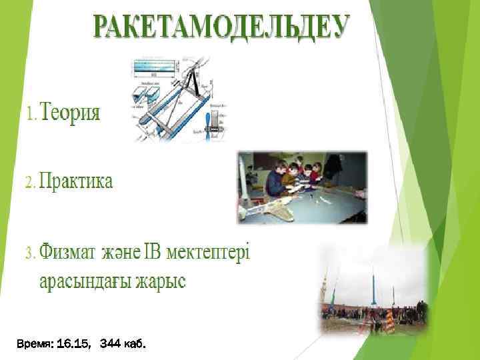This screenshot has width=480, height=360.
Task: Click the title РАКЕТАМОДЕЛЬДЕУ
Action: click(x=221, y=27)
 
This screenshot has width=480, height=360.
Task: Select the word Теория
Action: click(x=72, y=113)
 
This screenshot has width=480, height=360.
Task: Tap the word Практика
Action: click(x=76, y=181)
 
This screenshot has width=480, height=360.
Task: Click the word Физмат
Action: click(x=67, y=253)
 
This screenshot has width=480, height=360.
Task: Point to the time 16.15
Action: click(x=74, y=345)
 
